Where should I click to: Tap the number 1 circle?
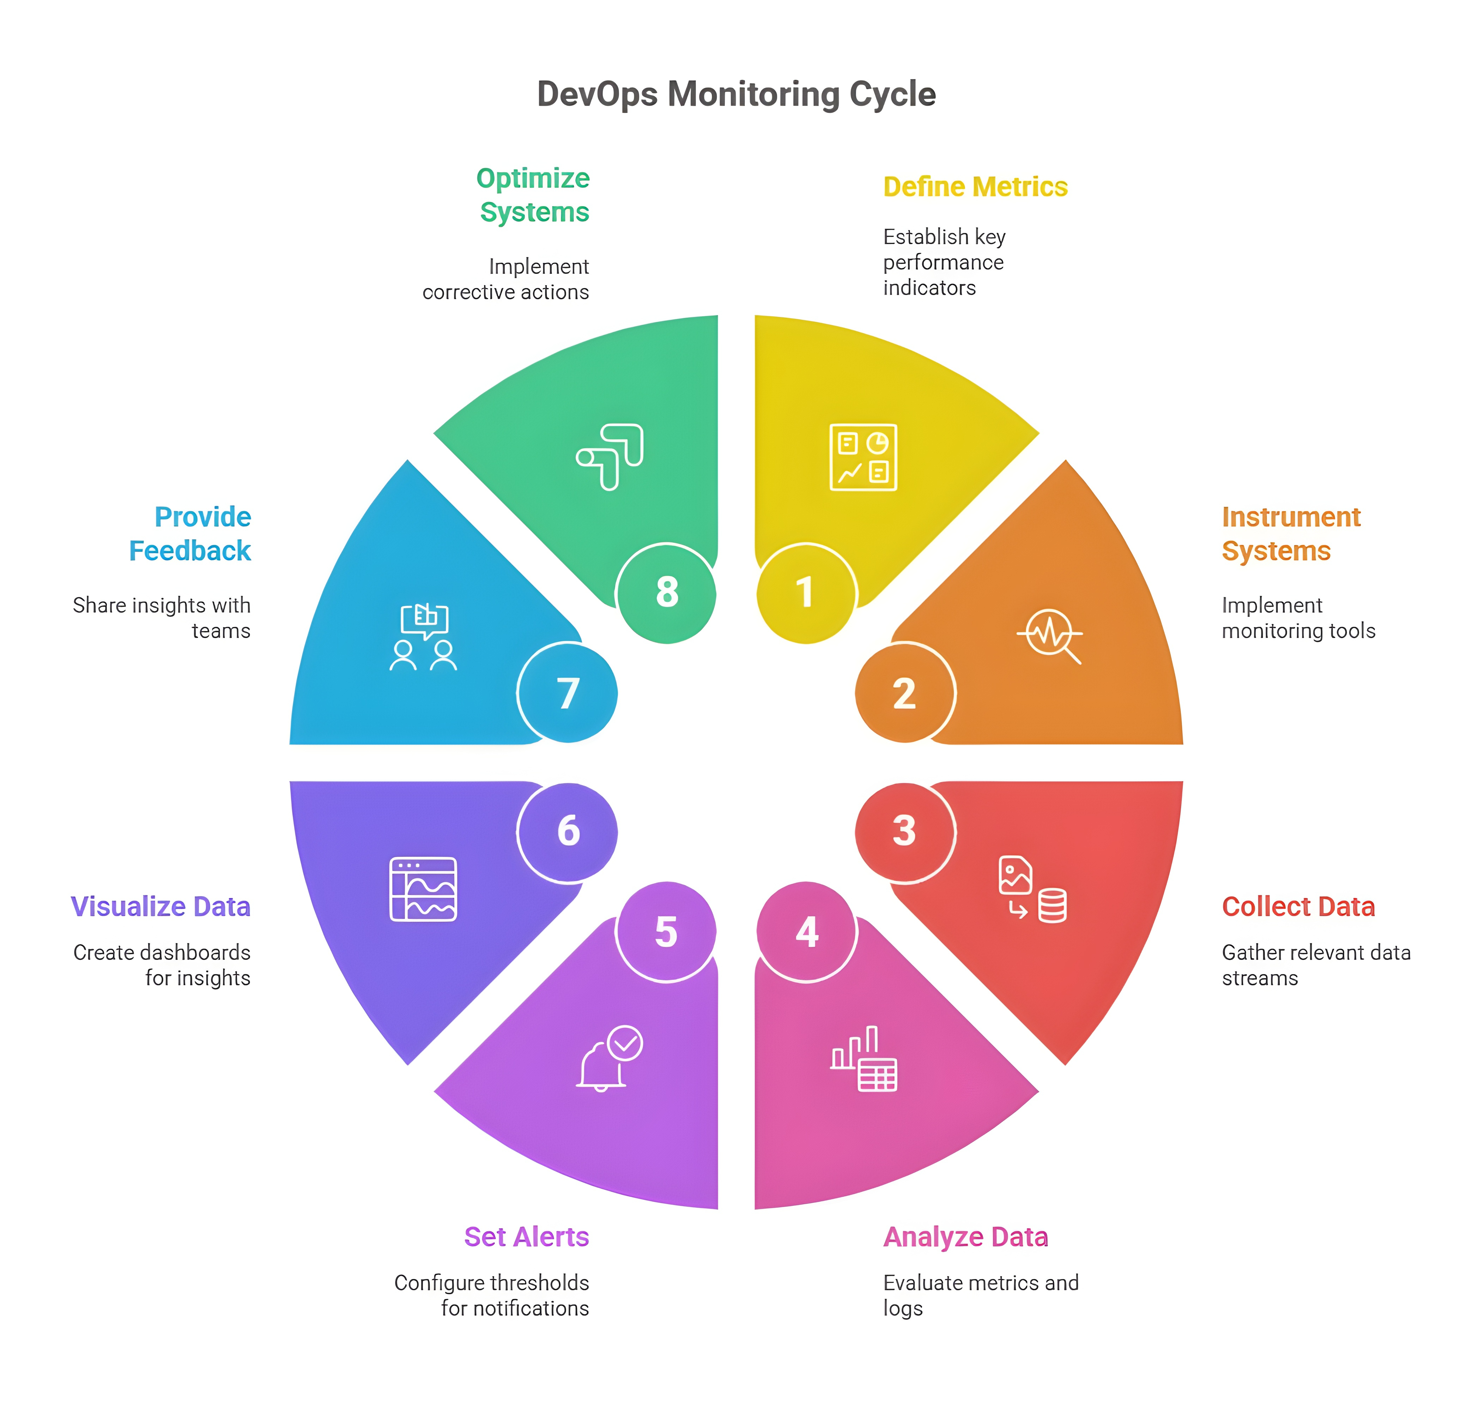805,593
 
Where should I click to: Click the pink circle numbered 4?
806,932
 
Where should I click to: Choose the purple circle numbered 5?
666,932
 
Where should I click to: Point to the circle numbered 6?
568,831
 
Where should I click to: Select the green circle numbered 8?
666,593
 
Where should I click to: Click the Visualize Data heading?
160,907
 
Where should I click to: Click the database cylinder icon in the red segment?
1052,905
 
